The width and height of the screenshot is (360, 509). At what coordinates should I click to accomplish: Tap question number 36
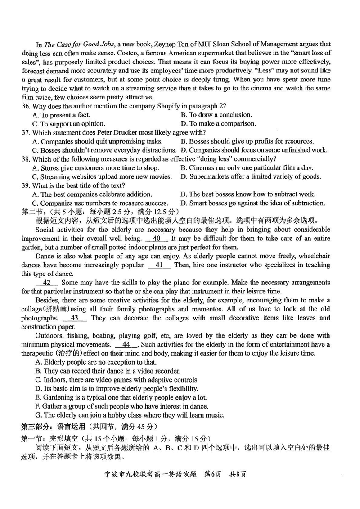(26, 106)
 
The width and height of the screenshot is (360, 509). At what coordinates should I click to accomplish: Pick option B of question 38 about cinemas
(247, 167)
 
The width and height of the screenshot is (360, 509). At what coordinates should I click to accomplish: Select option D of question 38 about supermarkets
(251, 176)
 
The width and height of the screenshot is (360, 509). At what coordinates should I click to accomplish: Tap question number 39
(26, 185)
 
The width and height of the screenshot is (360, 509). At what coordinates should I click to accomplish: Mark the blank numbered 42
(46, 283)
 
